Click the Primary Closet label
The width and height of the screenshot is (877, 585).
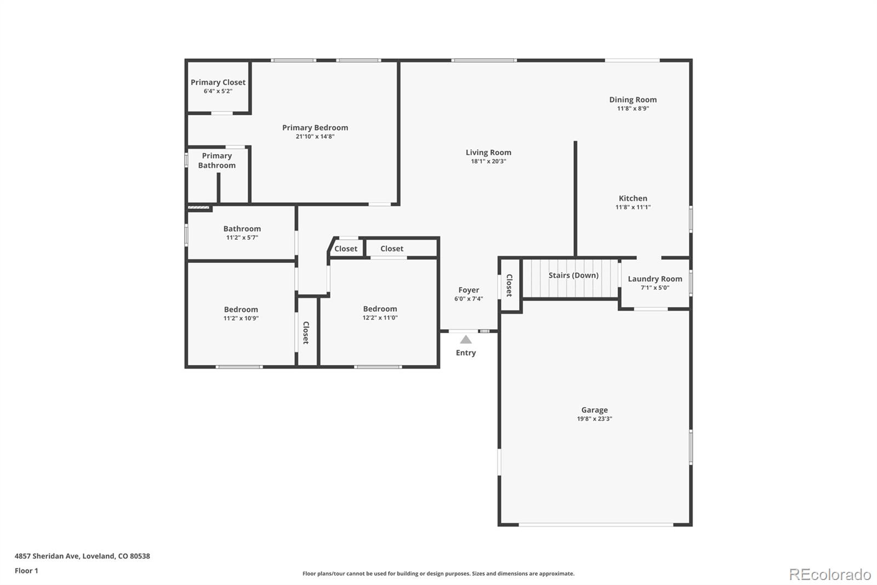(218, 82)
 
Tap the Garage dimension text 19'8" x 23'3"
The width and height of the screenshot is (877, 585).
(594, 419)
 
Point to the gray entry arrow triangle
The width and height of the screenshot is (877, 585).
(465, 340)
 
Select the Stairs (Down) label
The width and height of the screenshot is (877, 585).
(573, 275)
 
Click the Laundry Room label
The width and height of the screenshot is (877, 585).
(655, 279)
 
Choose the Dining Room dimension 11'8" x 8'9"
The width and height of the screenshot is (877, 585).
(633, 109)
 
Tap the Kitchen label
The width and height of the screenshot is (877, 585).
(633, 199)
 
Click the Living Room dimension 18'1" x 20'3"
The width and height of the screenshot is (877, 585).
(488, 161)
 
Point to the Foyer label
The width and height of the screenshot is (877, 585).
(469, 290)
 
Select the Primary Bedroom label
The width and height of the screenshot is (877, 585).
(315, 128)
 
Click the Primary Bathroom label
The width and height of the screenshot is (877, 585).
(217, 160)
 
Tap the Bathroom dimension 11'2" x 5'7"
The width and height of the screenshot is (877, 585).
(242, 238)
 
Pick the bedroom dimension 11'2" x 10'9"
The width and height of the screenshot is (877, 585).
(241, 318)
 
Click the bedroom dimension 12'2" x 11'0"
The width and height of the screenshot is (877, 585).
(380, 318)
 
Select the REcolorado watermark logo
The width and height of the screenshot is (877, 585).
(830, 575)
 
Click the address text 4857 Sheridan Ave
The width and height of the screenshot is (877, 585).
(47, 556)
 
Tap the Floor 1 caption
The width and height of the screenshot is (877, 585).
(26, 571)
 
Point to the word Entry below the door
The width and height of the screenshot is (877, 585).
(466, 353)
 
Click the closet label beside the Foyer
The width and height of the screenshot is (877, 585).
(509, 285)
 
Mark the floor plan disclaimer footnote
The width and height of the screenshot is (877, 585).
(438, 573)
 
